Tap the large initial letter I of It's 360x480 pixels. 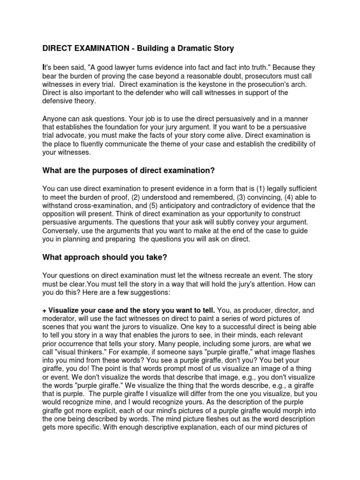tap(44, 67)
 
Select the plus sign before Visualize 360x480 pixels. tap(45, 310)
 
